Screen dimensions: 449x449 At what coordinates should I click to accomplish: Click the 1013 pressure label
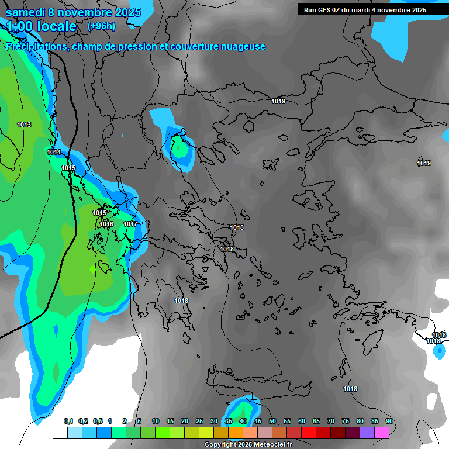[x=24, y=125]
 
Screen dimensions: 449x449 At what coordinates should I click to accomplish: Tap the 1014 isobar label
[x=54, y=152]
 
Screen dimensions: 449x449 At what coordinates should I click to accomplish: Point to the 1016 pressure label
[x=106, y=224]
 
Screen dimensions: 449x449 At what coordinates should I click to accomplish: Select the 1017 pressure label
[x=130, y=224]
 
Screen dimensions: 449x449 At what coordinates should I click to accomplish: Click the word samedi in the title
[x=26, y=12]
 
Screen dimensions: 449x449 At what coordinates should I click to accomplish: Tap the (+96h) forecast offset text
[x=101, y=26]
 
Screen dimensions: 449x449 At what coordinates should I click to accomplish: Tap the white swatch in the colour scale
[x=60, y=433]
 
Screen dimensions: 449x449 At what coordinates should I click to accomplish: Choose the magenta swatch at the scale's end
[x=382, y=433]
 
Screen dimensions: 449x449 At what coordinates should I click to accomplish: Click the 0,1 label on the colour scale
[x=68, y=422]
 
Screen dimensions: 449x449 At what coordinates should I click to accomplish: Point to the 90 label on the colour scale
[x=389, y=422]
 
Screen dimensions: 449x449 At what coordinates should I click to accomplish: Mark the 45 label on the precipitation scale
[x=257, y=422]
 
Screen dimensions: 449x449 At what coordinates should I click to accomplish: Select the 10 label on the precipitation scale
[x=155, y=422]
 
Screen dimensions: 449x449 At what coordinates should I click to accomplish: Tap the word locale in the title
[x=56, y=26]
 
